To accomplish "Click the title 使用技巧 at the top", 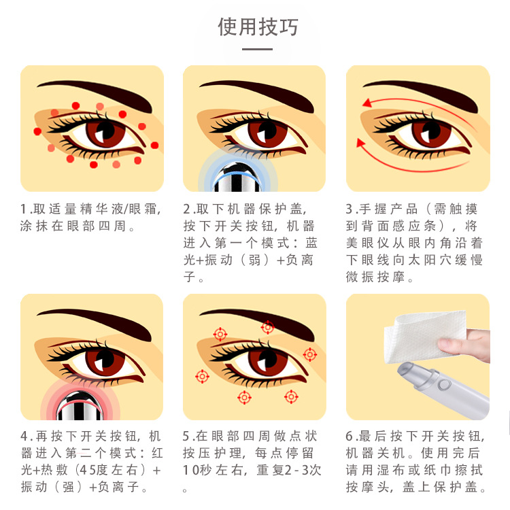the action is pos(258,27).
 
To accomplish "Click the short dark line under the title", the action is pos(257,50).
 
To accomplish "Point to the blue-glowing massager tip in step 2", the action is pos(238,177).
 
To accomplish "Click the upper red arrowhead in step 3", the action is pos(367,103).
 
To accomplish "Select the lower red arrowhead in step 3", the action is pos(360,143).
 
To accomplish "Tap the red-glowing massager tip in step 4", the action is pos(80,406).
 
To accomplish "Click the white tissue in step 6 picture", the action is pos(423,336).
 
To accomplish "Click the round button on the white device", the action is pos(444,385).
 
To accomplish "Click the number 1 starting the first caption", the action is pos(24,209).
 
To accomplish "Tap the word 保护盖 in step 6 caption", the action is pos(455,487).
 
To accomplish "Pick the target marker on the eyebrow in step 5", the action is pos(267,327).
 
